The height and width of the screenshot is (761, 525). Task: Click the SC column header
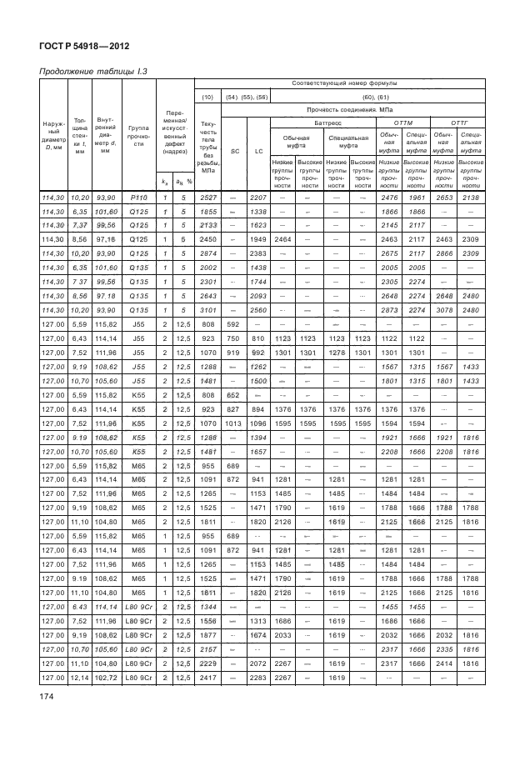tap(234, 151)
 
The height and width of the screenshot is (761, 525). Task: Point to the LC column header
tap(258, 151)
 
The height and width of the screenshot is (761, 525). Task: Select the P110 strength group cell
tap(140, 197)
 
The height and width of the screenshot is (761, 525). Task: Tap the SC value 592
tap(234, 324)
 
